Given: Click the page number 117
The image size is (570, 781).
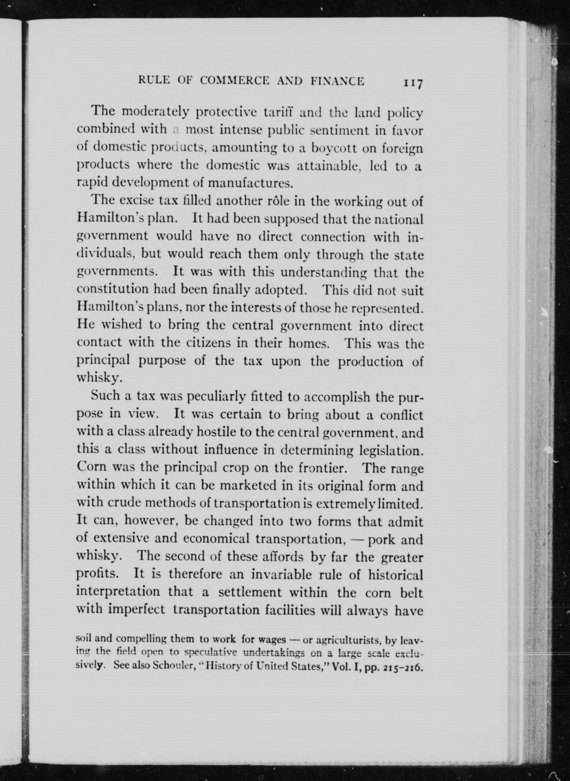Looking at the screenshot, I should tap(413, 84).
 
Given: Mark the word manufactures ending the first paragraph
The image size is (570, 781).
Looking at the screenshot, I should tap(251, 183).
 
